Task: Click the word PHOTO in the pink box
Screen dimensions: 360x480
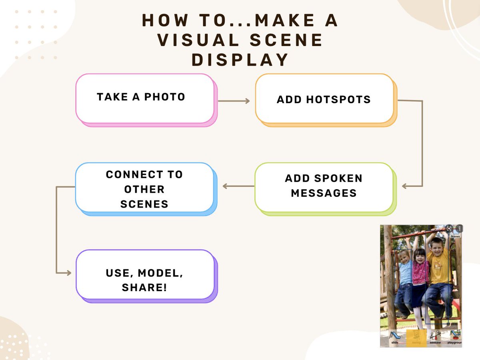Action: (x=164, y=97)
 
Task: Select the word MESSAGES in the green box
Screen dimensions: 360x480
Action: (x=324, y=193)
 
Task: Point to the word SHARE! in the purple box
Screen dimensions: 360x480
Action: (x=144, y=287)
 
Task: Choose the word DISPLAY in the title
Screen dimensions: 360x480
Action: (x=240, y=60)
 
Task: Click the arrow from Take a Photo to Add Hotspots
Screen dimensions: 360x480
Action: (x=234, y=101)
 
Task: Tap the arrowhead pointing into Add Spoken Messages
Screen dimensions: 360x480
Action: (x=405, y=186)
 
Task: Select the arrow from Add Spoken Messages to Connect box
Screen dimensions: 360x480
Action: (x=238, y=186)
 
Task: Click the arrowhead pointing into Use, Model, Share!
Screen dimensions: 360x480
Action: (x=68, y=273)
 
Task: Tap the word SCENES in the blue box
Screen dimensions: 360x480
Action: (x=144, y=204)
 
